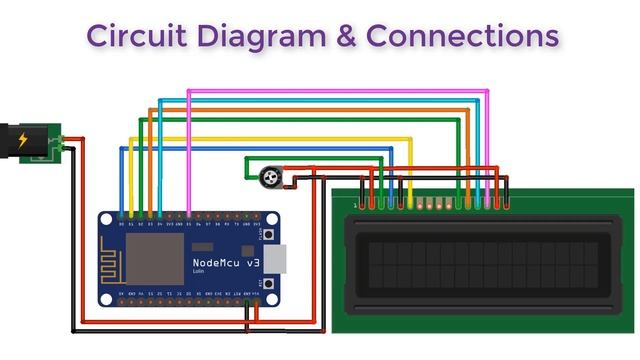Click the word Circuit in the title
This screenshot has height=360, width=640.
point(128,36)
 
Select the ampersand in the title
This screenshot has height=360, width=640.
point(341,36)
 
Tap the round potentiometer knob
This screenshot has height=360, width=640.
point(268,178)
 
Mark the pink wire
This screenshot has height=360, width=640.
point(340,92)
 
